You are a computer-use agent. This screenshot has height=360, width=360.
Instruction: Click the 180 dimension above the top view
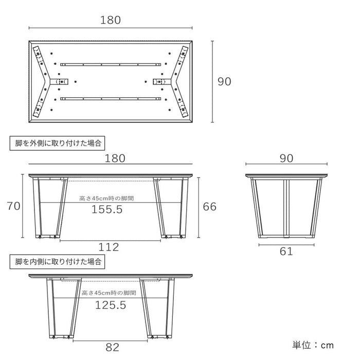[x=111, y=20]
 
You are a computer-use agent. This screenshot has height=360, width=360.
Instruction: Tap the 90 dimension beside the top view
[x=224, y=81]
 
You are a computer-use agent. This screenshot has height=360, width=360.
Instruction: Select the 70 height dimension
[x=13, y=206]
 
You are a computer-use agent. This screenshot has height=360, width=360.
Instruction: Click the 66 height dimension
[x=210, y=207]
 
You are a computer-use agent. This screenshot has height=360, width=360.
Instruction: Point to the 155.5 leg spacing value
[x=107, y=209]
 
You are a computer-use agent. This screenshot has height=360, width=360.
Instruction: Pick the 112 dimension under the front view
[x=109, y=247]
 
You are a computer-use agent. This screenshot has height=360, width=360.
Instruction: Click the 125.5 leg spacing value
[x=111, y=305]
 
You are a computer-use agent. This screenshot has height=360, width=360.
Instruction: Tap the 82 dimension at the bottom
[x=113, y=347]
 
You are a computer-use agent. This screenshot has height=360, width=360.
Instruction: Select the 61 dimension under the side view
[x=286, y=251]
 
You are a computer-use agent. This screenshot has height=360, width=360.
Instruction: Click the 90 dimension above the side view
[x=286, y=158]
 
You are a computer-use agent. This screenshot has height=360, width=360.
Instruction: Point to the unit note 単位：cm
[x=313, y=345]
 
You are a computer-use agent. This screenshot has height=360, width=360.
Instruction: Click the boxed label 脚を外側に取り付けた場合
[x=58, y=143]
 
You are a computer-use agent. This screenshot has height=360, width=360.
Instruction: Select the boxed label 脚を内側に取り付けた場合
[x=58, y=261]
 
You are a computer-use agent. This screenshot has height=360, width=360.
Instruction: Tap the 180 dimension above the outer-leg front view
[x=115, y=158]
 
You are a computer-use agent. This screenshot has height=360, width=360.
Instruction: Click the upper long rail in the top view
[x=111, y=65]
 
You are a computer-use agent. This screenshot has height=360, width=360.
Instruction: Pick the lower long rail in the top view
[x=111, y=99]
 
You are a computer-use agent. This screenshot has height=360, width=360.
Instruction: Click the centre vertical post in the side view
[x=286, y=208]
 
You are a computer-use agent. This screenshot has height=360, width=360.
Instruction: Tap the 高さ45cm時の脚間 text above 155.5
[x=106, y=199]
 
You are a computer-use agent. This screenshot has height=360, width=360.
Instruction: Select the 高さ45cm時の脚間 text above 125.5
[x=109, y=293]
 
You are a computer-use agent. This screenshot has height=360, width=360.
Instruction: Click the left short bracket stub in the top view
[x=59, y=81]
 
